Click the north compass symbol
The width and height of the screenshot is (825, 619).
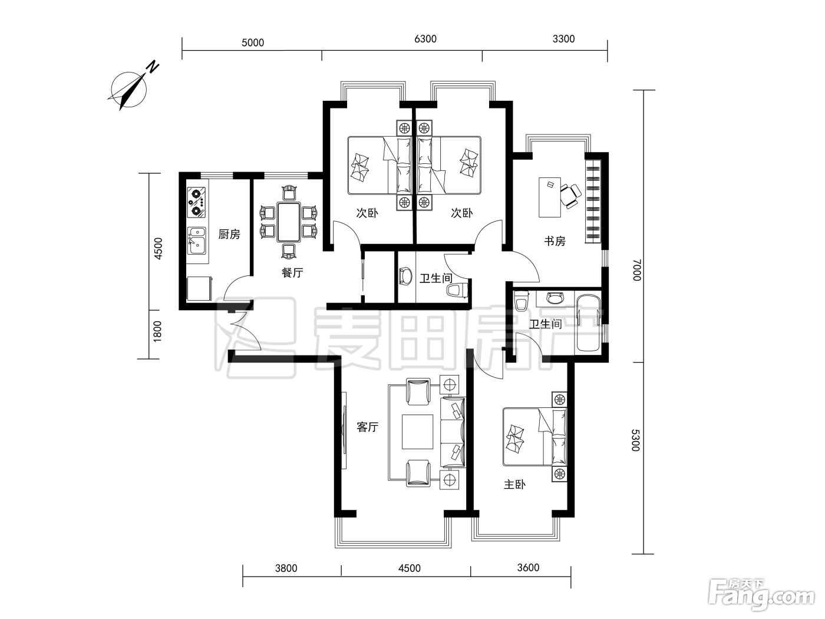[129, 89]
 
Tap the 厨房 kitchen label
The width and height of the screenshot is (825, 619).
[229, 234]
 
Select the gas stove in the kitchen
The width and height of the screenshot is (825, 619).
[197, 203]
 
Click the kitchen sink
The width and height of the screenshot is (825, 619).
[197, 241]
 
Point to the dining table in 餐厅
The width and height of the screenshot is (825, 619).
[288, 222]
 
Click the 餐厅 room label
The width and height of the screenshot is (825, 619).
[292, 272]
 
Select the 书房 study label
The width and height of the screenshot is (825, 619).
[555, 241]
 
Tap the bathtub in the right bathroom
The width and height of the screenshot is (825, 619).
[588, 323]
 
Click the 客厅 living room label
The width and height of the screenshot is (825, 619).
[367, 427]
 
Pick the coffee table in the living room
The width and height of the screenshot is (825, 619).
[417, 432]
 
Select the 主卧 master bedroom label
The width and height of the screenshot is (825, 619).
[514, 485]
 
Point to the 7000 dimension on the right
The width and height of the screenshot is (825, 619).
[636, 270]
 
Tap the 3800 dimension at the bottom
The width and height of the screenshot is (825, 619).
[286, 568]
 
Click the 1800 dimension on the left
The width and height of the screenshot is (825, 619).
[157, 331]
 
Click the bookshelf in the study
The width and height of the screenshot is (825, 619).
[593, 201]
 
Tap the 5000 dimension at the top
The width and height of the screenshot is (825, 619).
[253, 42]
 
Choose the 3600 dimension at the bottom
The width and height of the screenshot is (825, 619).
[528, 567]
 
